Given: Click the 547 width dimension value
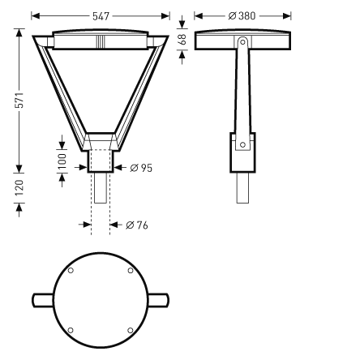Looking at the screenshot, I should [x=101, y=15].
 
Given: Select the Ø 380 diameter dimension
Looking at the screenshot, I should [x=242, y=15].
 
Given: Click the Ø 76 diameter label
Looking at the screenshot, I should [x=137, y=225].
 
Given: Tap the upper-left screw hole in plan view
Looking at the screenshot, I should [x=71, y=271].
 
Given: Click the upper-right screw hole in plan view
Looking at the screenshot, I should [x=130, y=271].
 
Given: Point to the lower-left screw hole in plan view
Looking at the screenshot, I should [x=71, y=329].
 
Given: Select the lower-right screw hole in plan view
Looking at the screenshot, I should [x=130, y=329].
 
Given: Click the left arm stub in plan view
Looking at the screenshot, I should [x=41, y=300].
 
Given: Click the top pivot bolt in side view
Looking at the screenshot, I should [x=242, y=41].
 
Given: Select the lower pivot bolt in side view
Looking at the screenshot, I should [x=242, y=144].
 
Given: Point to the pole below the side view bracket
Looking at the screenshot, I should [x=242, y=188].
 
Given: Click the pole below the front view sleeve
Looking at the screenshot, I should [x=101, y=188].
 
